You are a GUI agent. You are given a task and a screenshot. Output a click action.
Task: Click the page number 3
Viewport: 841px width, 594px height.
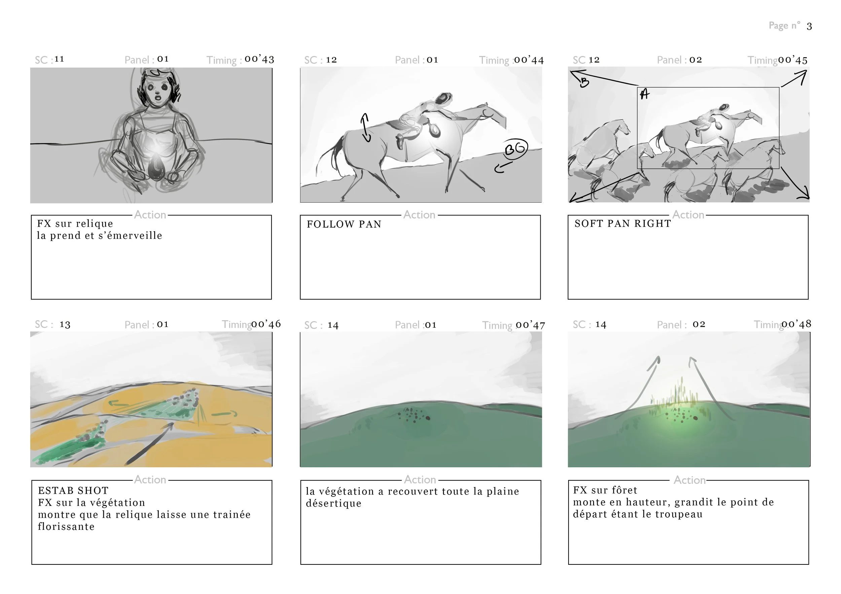[x=809, y=26]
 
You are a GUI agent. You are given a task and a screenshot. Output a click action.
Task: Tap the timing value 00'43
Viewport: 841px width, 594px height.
[x=259, y=59]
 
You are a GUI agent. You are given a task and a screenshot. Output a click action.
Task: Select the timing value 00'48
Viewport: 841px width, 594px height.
[x=796, y=324]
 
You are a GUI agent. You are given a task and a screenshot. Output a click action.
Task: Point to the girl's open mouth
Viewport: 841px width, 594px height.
[x=157, y=97]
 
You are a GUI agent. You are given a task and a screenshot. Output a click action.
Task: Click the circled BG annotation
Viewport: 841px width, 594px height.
[x=515, y=149]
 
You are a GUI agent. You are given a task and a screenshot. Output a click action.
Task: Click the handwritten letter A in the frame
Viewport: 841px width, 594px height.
[x=645, y=94]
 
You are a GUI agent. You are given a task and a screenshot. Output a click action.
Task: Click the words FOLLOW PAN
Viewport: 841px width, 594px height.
[x=344, y=224]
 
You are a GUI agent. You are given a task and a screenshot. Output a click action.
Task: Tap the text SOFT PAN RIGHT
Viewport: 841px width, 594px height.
[x=622, y=224]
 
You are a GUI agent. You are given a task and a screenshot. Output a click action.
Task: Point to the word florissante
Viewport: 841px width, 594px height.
[x=66, y=527]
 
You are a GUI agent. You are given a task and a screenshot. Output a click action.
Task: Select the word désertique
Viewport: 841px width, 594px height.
[x=333, y=504]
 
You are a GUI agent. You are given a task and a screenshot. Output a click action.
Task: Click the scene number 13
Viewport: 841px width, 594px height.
[x=65, y=325]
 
